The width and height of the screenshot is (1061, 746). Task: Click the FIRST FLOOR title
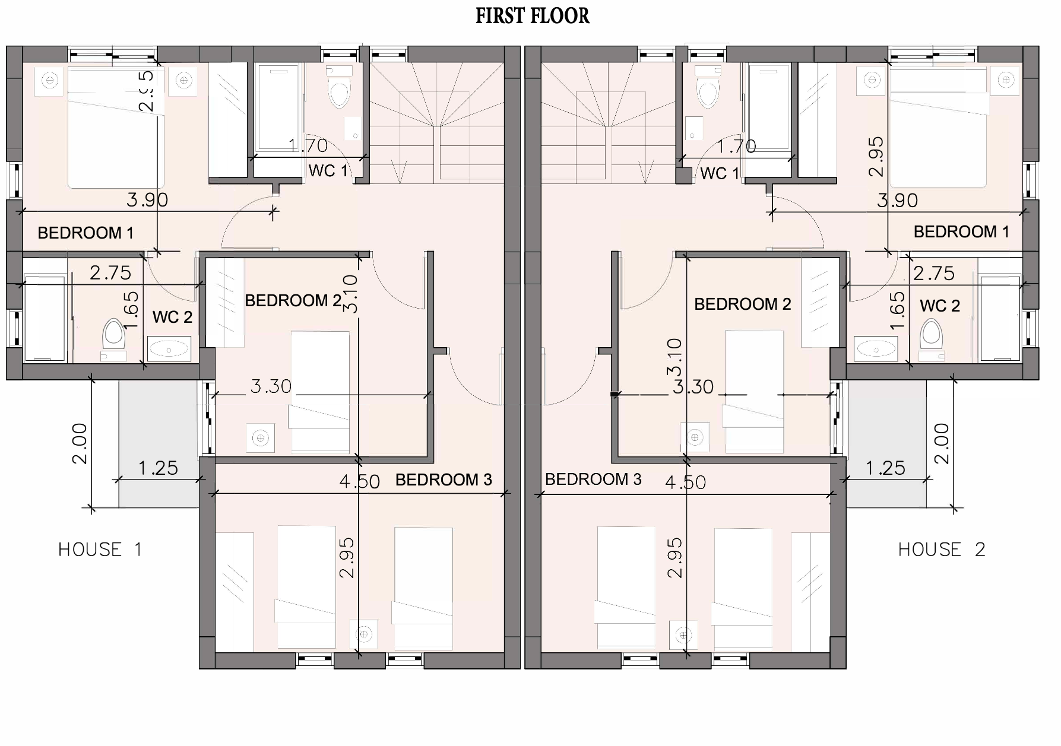click(x=532, y=16)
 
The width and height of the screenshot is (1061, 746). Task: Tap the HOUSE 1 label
click(x=100, y=550)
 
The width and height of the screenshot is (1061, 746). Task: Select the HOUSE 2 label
click(x=942, y=550)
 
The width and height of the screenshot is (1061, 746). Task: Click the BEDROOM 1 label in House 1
click(x=85, y=233)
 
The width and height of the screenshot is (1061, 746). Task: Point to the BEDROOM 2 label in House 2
click(x=742, y=304)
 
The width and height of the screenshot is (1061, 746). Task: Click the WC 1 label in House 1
click(x=328, y=171)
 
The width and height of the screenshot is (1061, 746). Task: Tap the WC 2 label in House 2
click(x=940, y=306)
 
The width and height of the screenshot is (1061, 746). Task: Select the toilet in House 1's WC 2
click(x=113, y=337)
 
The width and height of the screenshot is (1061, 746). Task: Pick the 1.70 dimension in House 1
click(x=308, y=145)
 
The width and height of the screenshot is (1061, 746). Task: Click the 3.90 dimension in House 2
click(x=897, y=201)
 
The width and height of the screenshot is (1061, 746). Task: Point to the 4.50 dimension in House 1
click(x=359, y=481)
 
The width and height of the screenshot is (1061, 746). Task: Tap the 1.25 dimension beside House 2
click(x=885, y=468)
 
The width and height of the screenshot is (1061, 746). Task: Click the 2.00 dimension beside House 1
click(x=80, y=443)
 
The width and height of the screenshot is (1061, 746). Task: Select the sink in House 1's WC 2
click(x=169, y=349)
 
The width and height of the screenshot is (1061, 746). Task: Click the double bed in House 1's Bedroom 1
click(x=115, y=128)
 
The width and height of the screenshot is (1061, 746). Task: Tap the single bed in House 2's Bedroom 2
click(x=754, y=392)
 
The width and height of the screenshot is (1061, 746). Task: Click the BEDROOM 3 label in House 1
click(x=444, y=480)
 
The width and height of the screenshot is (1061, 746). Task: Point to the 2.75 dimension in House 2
click(x=934, y=274)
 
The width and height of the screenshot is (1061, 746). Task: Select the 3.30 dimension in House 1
click(x=271, y=387)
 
